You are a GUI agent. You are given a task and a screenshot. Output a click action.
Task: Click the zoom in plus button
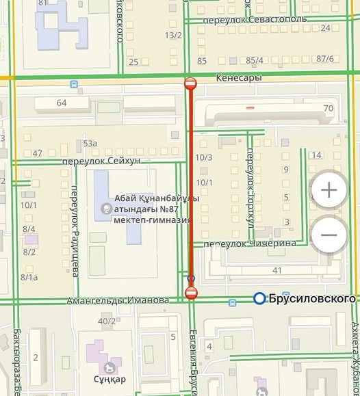click(329, 189)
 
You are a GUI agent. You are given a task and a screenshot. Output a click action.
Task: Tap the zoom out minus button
click(329, 235)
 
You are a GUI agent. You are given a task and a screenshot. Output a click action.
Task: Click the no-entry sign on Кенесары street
click(190, 84)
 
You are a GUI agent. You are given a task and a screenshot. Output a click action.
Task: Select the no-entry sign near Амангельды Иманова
click(190, 293)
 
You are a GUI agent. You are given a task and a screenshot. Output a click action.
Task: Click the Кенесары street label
click(238, 78)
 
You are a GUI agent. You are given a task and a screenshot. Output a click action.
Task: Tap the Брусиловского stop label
click(313, 298)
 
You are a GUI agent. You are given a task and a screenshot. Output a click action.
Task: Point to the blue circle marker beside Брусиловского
click(259, 298)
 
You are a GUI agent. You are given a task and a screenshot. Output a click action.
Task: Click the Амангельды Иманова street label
click(118, 300)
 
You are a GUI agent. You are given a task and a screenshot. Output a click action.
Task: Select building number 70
click(328, 108)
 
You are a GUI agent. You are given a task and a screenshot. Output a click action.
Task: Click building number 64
click(62, 103)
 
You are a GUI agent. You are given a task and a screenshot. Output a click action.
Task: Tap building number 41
click(277, 271)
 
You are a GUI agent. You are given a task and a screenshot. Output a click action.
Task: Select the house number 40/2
click(107, 321)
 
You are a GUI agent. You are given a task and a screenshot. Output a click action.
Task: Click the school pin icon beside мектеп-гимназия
click(105, 209)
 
